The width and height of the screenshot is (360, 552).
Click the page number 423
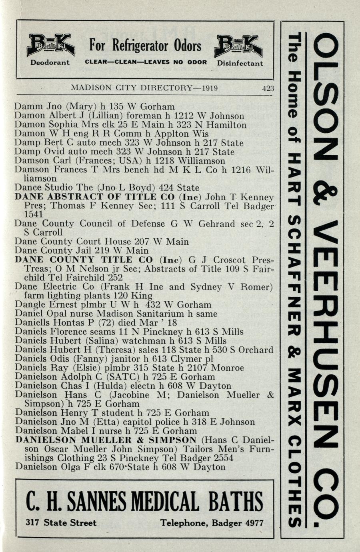click(x=268, y=88)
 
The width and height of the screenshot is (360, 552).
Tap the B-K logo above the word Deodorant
click(x=50, y=45)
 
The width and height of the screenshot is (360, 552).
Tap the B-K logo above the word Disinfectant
click(x=238, y=46)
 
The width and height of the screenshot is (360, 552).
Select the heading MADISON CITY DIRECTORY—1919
click(x=144, y=88)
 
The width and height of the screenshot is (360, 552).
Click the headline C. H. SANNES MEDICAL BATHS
click(x=145, y=502)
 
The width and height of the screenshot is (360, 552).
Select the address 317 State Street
click(x=61, y=523)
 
